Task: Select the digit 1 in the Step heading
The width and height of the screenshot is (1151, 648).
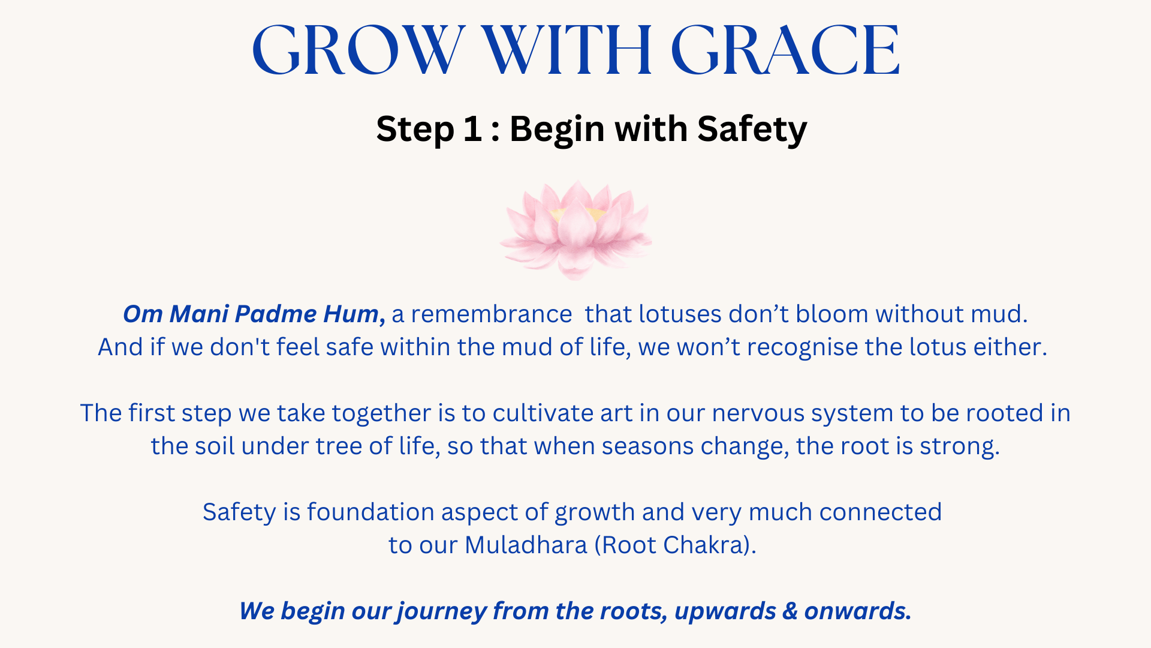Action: coord(474,128)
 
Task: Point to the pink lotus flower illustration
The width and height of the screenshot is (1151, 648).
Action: coord(575,230)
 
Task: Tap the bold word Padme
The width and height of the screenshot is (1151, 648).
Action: coord(275,314)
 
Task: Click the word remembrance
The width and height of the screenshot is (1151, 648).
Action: coord(491,314)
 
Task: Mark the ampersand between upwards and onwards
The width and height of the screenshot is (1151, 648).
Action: coord(790,611)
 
